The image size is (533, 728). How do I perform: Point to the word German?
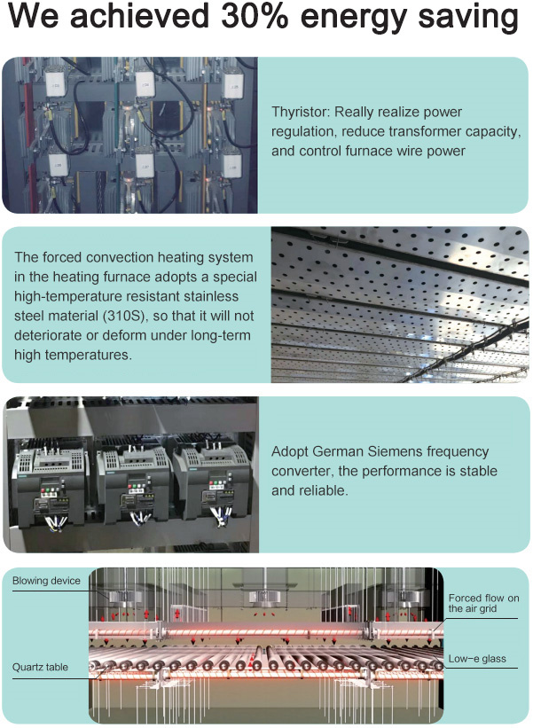pos(338,451)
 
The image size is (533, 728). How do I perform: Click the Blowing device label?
pos(46,581)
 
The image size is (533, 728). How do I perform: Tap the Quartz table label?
pos(40,667)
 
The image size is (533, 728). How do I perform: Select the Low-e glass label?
pos(477,659)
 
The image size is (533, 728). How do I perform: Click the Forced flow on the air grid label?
pos(484,603)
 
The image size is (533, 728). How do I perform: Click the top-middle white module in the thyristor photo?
pos(145,83)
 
